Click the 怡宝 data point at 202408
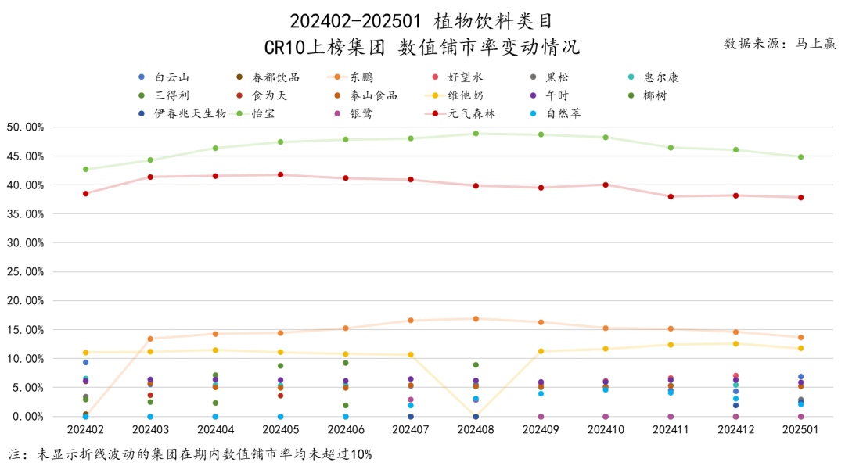click(476, 134)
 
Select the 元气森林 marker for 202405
click(280, 175)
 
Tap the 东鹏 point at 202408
click(476, 319)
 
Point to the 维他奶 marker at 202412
click(735, 344)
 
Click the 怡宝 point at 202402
click(85, 170)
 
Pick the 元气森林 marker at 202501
click(800, 198)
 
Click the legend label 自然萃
click(563, 113)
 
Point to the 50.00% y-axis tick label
click(24, 127)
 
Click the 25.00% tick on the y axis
click(24, 272)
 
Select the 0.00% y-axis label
click(27, 417)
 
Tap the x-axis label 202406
click(345, 430)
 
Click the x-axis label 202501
click(800, 430)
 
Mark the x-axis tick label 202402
click(85, 430)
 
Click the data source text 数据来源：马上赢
click(779, 44)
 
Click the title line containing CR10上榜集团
click(422, 48)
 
